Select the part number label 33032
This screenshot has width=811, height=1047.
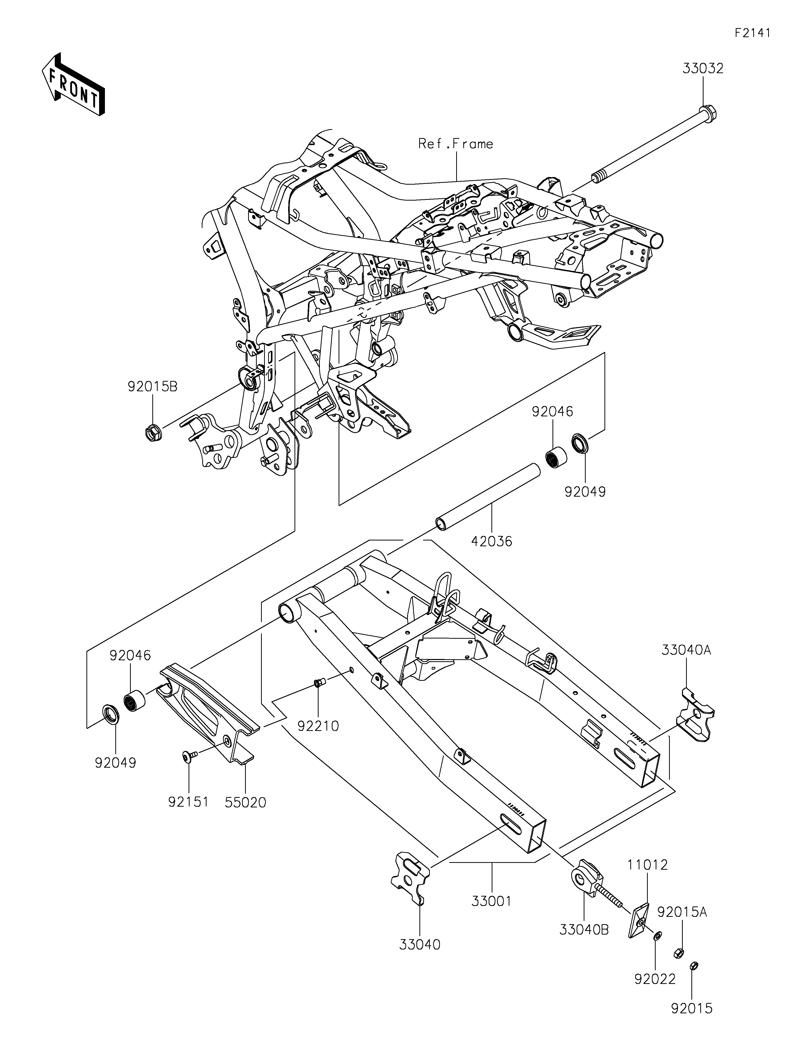click(703, 69)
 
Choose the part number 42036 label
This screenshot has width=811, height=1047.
click(492, 542)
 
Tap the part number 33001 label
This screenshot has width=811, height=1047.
click(492, 901)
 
